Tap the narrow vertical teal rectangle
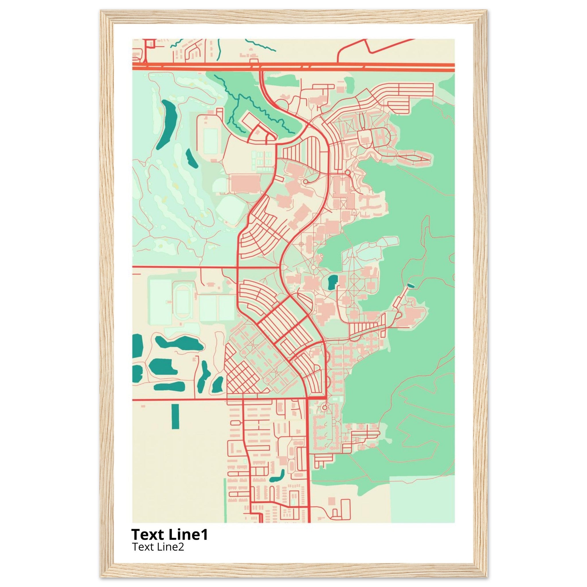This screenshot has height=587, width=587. click(x=175, y=416)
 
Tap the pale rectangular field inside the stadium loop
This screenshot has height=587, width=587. click(x=211, y=141)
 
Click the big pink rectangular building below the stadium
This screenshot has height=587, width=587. click(x=246, y=183)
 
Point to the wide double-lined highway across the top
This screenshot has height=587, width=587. click(x=293, y=67)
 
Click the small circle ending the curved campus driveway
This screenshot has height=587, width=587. click(x=305, y=181)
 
